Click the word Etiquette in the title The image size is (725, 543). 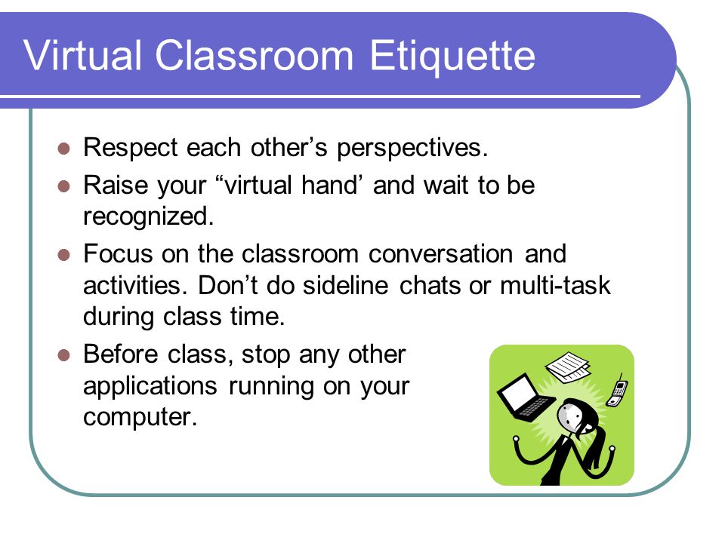click(x=452, y=57)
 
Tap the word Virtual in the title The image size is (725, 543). click(x=82, y=55)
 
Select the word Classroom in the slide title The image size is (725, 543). click(x=255, y=55)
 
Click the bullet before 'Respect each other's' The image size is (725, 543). click(x=63, y=149)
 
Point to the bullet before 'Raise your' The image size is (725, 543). click(x=63, y=186)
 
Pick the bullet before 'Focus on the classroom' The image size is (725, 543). click(x=63, y=255)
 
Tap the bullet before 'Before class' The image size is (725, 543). click(x=63, y=355)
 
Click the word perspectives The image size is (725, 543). click(x=412, y=149)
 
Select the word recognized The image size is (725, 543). click(x=148, y=217)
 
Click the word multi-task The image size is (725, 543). click(x=555, y=285)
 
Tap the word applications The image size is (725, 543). click(x=150, y=387)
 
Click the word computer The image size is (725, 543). click(x=140, y=417)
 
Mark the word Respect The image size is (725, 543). click(x=131, y=149)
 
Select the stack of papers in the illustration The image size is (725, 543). click(x=568, y=367)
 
